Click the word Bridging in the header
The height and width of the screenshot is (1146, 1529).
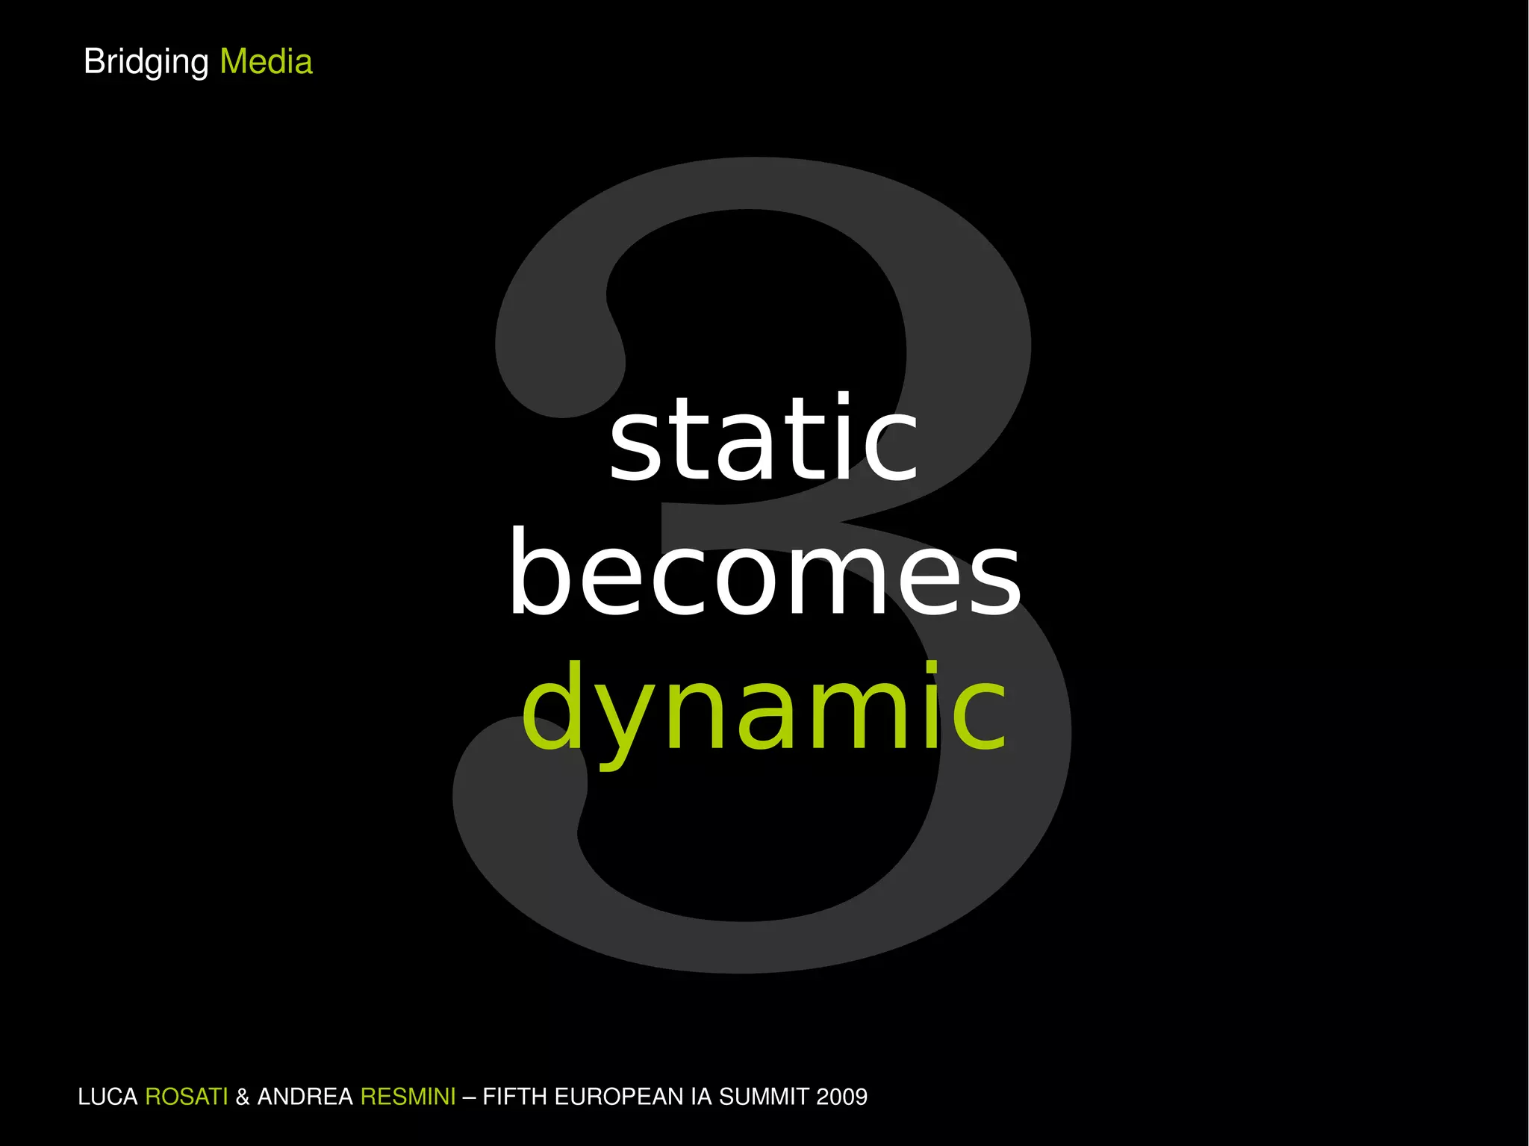point(146,62)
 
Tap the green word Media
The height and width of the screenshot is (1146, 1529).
point(266,62)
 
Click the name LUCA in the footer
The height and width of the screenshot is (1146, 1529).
point(108,1097)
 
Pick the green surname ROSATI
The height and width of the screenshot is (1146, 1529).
point(186,1097)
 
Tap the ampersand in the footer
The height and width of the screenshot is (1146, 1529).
point(243,1097)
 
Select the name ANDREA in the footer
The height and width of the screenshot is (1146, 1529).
point(305,1097)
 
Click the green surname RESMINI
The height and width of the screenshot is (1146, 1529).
point(408,1097)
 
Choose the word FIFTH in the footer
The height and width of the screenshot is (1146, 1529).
point(515,1097)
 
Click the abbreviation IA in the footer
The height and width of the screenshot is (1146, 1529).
point(701,1097)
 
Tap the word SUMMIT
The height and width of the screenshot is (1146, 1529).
point(764,1097)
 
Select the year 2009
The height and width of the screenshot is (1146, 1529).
point(842,1097)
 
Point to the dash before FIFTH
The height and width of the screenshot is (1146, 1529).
point(469,1097)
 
